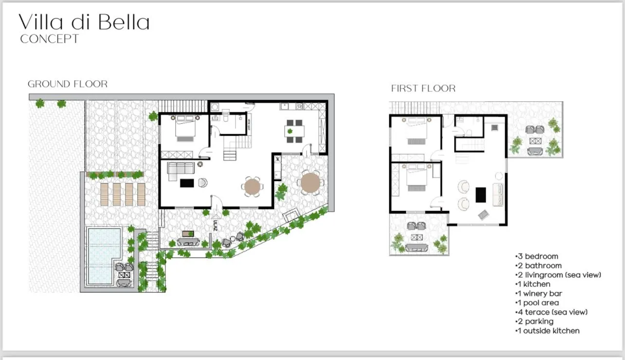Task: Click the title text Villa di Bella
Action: (84, 22)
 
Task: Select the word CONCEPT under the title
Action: (49, 39)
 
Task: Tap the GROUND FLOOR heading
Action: (68, 84)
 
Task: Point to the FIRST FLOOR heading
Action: (423, 89)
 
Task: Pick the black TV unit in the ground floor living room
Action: (187, 183)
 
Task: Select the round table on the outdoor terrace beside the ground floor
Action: (310, 183)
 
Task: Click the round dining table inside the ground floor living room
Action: (252, 186)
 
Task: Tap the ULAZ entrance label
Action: (215, 225)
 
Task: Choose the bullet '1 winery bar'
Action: (538, 293)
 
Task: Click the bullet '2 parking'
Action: (534, 321)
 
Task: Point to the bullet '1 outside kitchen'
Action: (547, 331)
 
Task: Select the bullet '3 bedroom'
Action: (536, 256)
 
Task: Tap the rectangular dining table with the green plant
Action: (294, 131)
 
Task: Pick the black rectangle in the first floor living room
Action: (481, 195)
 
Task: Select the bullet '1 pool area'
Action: (537, 303)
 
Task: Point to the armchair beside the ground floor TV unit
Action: (203, 182)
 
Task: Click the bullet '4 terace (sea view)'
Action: (551, 312)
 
